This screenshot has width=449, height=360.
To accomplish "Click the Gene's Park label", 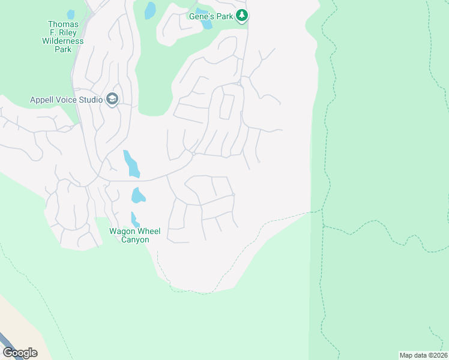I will click(211, 16).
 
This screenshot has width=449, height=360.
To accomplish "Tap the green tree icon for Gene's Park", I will click(241, 16).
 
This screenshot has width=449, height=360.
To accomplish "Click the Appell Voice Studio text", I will click(66, 100).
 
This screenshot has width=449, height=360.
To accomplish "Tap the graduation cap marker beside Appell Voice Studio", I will click(112, 99).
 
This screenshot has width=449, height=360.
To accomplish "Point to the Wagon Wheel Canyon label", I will click(128, 235).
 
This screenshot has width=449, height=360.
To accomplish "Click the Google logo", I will click(20, 352).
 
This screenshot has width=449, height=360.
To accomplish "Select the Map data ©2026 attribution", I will click(424, 355).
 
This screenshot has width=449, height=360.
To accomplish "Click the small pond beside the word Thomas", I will click(71, 14).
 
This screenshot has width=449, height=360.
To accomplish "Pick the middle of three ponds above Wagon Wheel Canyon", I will click(138, 196).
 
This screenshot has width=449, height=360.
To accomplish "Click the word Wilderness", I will click(63, 41).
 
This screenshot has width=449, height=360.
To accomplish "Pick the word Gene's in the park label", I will click(201, 16).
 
